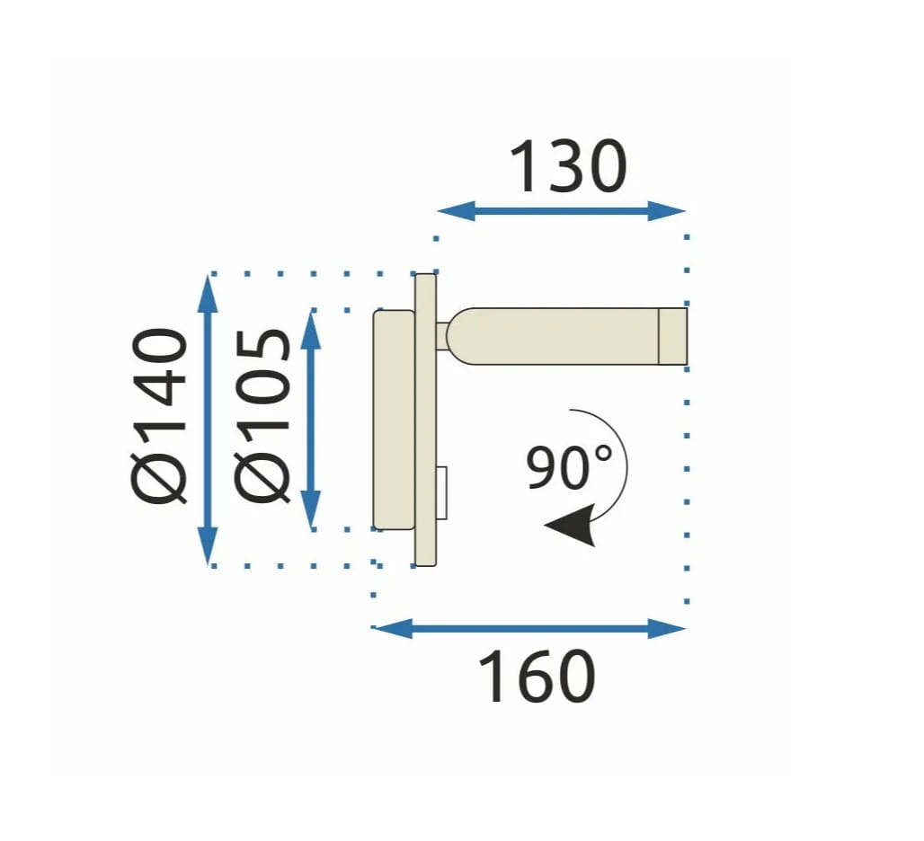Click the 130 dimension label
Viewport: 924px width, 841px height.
click(x=567, y=166)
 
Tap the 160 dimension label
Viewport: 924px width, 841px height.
click(x=536, y=677)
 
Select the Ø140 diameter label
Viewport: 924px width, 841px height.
click(x=158, y=416)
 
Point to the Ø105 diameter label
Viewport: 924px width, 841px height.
click(x=262, y=416)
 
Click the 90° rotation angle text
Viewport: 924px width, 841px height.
click(x=569, y=467)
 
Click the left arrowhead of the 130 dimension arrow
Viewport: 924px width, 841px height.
click(x=456, y=211)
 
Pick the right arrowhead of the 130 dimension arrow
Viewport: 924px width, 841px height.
click(x=667, y=211)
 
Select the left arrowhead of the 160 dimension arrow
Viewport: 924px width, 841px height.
click(x=392, y=628)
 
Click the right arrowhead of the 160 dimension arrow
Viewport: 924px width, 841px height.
click(x=667, y=628)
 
